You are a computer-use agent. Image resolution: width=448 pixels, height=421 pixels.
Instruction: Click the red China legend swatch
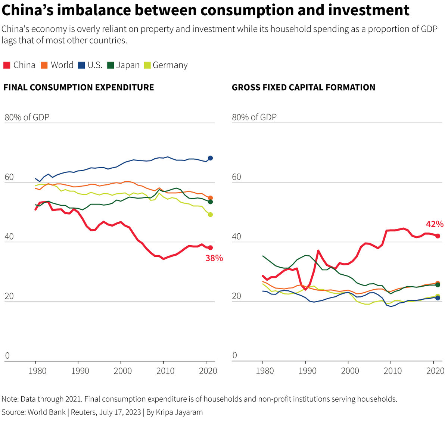pos(7,65)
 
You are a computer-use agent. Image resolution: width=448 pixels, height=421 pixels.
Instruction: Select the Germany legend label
pos(170,65)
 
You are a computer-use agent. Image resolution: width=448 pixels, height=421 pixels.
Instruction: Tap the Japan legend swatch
pos(111,65)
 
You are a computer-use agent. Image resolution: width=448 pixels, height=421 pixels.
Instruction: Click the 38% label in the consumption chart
pos(214,258)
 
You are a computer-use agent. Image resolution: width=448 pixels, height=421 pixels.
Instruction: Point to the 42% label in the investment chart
pos(435,224)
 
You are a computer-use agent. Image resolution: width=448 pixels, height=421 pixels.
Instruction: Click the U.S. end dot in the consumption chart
pos(210,158)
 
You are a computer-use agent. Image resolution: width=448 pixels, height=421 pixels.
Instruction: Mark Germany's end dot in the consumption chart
pos(210,215)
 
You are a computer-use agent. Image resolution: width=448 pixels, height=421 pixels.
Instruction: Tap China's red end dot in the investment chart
pos(438,236)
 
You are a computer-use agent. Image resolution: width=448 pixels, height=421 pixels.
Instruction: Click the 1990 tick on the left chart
pos(80,371)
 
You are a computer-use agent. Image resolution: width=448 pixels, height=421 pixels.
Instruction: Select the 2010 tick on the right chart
pos(392,371)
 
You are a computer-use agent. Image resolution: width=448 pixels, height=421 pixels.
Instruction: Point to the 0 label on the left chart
pos(7,355)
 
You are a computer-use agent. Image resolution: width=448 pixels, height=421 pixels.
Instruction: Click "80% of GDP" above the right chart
pos(254,117)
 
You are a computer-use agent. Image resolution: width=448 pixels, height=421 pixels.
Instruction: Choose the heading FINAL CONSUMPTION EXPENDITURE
pos(78,87)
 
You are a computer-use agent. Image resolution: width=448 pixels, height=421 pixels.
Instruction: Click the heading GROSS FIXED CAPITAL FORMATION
pos(304,87)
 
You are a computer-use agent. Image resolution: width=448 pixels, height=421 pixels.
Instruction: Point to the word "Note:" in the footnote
pos(10,399)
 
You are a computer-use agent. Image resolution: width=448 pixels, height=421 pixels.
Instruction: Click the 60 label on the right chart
pos(237,177)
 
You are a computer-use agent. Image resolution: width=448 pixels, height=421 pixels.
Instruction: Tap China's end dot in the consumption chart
pos(210,247)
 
